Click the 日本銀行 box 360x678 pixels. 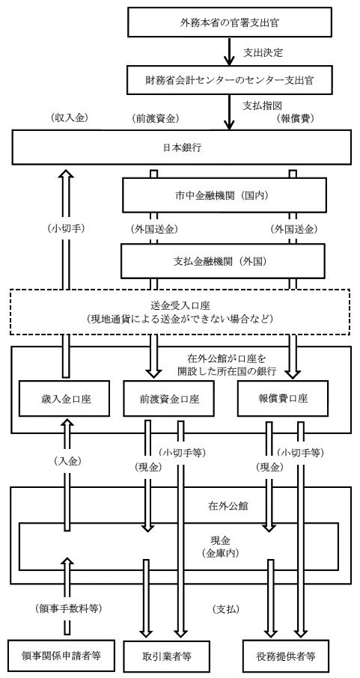180,146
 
